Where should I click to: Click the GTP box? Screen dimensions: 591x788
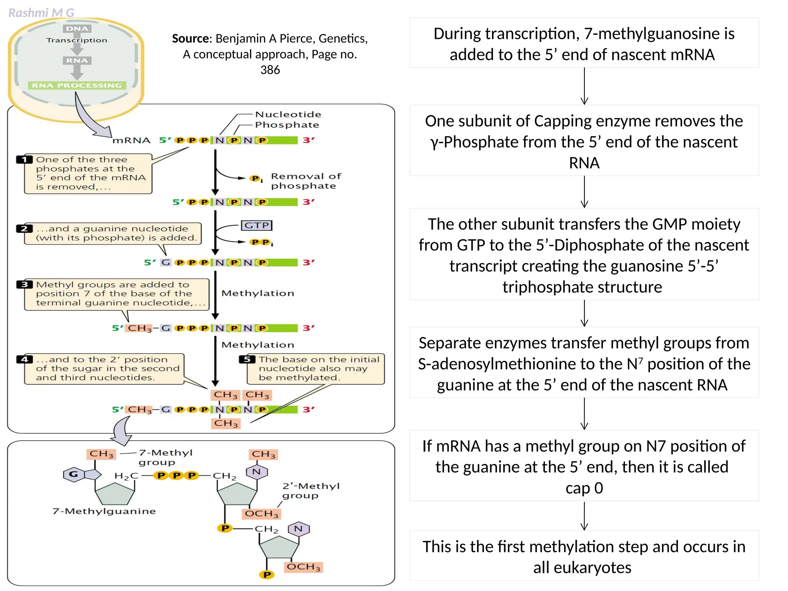coord(256,225)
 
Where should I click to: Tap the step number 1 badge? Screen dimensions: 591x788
coord(24,159)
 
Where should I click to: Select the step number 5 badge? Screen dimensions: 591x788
coord(247,359)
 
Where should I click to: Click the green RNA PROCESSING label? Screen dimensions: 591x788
coord(77,85)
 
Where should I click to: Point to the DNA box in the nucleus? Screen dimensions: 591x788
coord(77,28)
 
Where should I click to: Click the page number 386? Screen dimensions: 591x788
coord(270,70)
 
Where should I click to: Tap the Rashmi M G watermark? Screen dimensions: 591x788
coord(41,13)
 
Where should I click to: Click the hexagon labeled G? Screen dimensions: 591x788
coord(73,474)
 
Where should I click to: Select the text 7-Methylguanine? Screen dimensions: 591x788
coord(104,511)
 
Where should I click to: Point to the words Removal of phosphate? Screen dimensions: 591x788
coord(306,181)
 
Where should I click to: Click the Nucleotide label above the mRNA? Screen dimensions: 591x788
coord(288,114)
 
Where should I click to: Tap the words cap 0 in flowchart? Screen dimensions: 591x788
coord(584,488)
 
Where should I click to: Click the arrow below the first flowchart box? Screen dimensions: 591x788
coord(584,86)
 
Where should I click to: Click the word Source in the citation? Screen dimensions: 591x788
coord(190,38)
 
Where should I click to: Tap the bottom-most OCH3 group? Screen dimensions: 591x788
coord(304,567)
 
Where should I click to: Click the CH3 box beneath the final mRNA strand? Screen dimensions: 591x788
coord(226,423)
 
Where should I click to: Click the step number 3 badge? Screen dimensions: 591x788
coord(24,284)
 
